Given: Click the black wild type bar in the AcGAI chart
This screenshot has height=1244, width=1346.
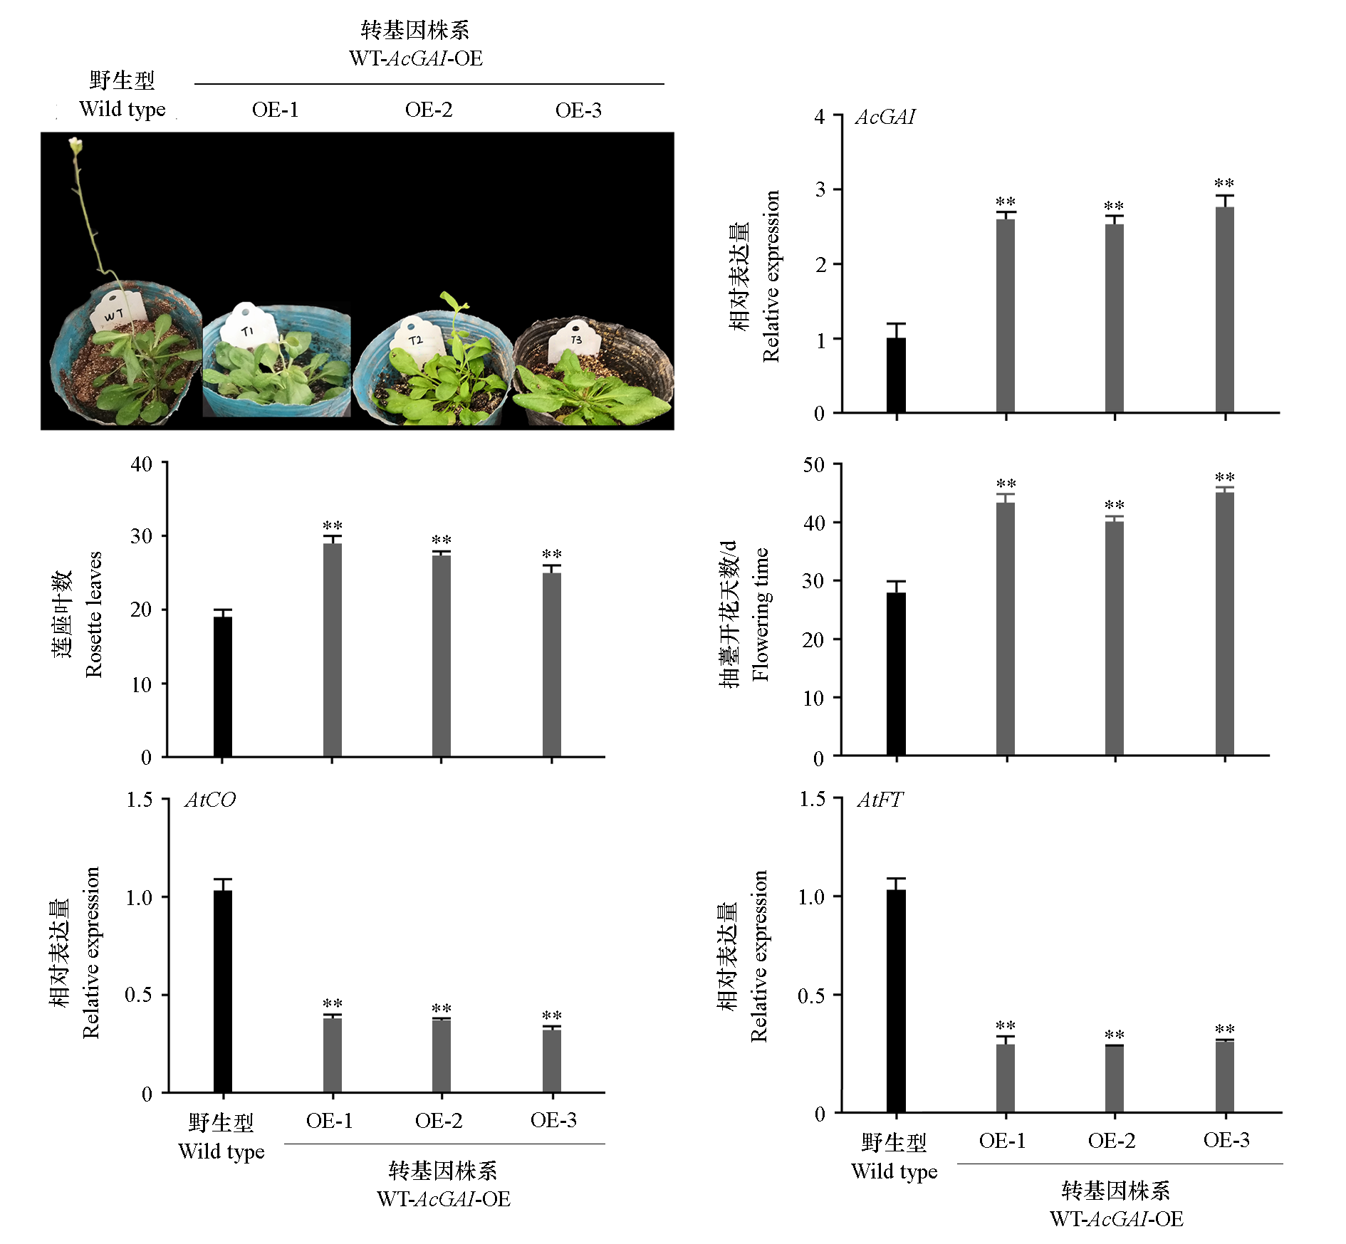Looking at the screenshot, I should pyautogui.click(x=896, y=375).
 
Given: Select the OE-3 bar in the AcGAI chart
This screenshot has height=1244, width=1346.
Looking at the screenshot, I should pyautogui.click(x=1224, y=310).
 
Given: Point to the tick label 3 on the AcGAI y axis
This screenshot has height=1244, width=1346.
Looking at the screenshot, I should pyautogui.click(x=820, y=190).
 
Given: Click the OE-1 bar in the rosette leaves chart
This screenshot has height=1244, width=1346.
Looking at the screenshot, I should pyautogui.click(x=332, y=649).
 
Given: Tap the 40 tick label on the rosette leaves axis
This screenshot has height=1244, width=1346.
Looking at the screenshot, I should pyautogui.click(x=141, y=464).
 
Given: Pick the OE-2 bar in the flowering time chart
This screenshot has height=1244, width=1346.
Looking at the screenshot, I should pyautogui.click(x=1115, y=638).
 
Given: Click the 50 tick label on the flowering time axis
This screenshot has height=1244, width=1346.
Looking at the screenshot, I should pyautogui.click(x=813, y=465).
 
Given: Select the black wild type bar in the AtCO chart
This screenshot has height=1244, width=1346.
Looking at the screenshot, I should pyautogui.click(x=223, y=991).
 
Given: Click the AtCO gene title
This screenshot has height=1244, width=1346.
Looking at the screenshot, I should pyautogui.click(x=210, y=800).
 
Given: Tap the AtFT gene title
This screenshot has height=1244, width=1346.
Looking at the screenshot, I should pyautogui.click(x=880, y=800).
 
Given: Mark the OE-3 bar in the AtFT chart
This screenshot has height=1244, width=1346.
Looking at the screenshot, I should pyautogui.click(x=1224, y=1076).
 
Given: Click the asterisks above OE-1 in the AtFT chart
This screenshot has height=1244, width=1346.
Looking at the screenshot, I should pyautogui.click(x=1005, y=1026).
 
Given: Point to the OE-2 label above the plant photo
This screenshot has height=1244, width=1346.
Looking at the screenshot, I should pyautogui.click(x=429, y=110).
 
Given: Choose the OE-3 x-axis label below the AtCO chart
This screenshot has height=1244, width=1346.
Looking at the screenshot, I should pyautogui.click(x=553, y=1120).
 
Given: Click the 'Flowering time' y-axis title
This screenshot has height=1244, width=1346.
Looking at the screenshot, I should pyautogui.click(x=760, y=614).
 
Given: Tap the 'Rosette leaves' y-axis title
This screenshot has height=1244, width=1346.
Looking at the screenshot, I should pyautogui.click(x=93, y=614).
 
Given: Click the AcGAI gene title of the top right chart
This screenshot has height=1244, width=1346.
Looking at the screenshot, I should pyautogui.click(x=885, y=117).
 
